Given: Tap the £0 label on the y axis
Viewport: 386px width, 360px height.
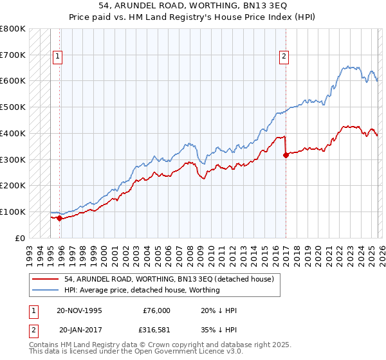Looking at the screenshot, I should pos(19,238).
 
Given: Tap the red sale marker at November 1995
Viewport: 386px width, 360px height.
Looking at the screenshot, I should pos(59,218).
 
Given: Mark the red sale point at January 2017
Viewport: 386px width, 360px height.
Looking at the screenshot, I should pos(284,154).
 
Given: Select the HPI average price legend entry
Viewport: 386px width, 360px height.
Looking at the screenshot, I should pos(142,290).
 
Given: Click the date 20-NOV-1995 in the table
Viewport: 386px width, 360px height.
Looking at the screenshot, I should pos(79,310).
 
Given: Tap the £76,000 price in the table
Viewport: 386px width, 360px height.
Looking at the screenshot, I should pos(156,310).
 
